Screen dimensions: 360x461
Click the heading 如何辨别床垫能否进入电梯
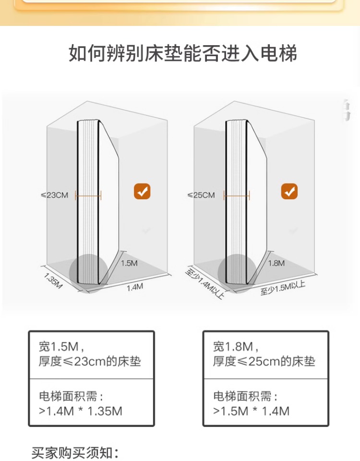182,53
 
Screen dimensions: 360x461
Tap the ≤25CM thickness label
201,195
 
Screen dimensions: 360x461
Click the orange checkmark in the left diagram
142,191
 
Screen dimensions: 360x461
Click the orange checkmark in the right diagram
289,191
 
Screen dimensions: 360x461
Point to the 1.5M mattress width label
129,263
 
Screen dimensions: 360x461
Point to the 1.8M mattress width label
276,263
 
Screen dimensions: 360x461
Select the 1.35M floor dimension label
53,280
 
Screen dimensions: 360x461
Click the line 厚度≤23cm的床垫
90,362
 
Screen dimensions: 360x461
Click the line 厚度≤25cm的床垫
264,362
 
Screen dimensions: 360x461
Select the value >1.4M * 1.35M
80,411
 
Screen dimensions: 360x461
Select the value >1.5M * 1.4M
251,411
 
